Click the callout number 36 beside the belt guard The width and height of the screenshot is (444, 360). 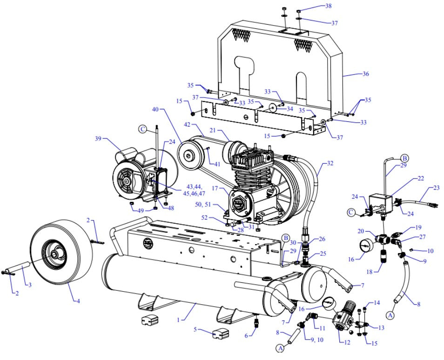coord(365,73)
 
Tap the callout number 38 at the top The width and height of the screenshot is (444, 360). coord(329,6)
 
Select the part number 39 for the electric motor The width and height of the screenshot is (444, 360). coord(98,139)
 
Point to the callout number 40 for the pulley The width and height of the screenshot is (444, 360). coord(155,109)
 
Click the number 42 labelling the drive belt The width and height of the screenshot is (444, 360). coord(187,125)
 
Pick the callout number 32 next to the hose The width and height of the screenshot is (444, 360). coord(330,164)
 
